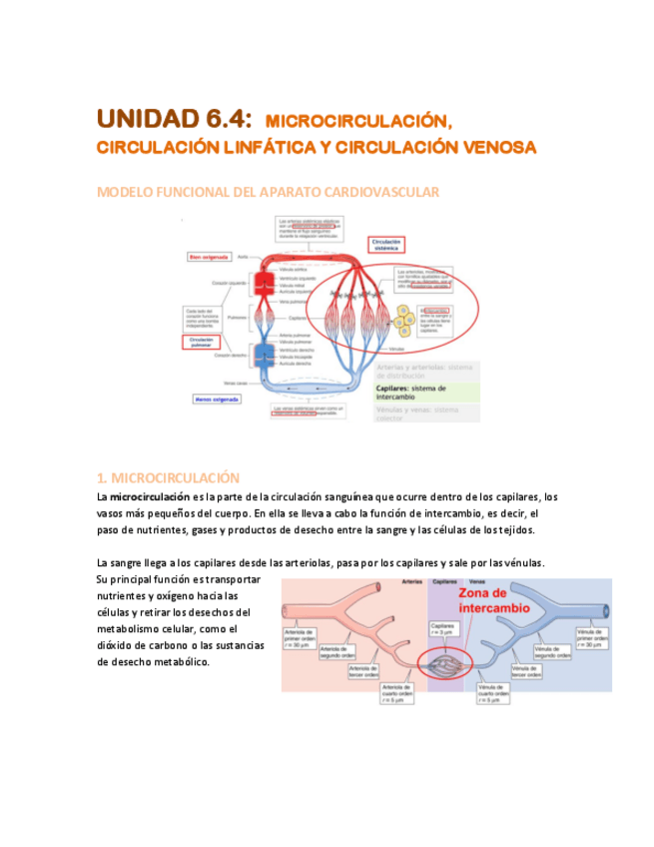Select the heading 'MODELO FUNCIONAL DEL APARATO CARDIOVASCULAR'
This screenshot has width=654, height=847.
click(x=268, y=192)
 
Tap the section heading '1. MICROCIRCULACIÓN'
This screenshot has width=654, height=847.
click(x=169, y=477)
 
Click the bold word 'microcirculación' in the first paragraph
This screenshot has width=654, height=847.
click(x=150, y=496)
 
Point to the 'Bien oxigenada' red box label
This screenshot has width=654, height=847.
click(x=210, y=256)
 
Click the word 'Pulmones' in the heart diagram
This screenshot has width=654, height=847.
click(x=237, y=318)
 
